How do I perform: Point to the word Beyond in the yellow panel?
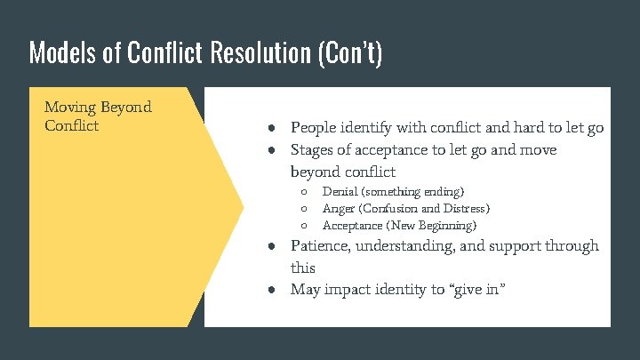click(127, 108)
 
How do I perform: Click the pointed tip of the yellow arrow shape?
click(243, 207)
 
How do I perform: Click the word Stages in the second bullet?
click(313, 150)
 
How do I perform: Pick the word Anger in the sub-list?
click(339, 209)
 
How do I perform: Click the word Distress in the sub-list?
click(463, 209)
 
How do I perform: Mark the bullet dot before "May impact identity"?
click(277, 290)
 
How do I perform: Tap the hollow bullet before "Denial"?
click(303, 192)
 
